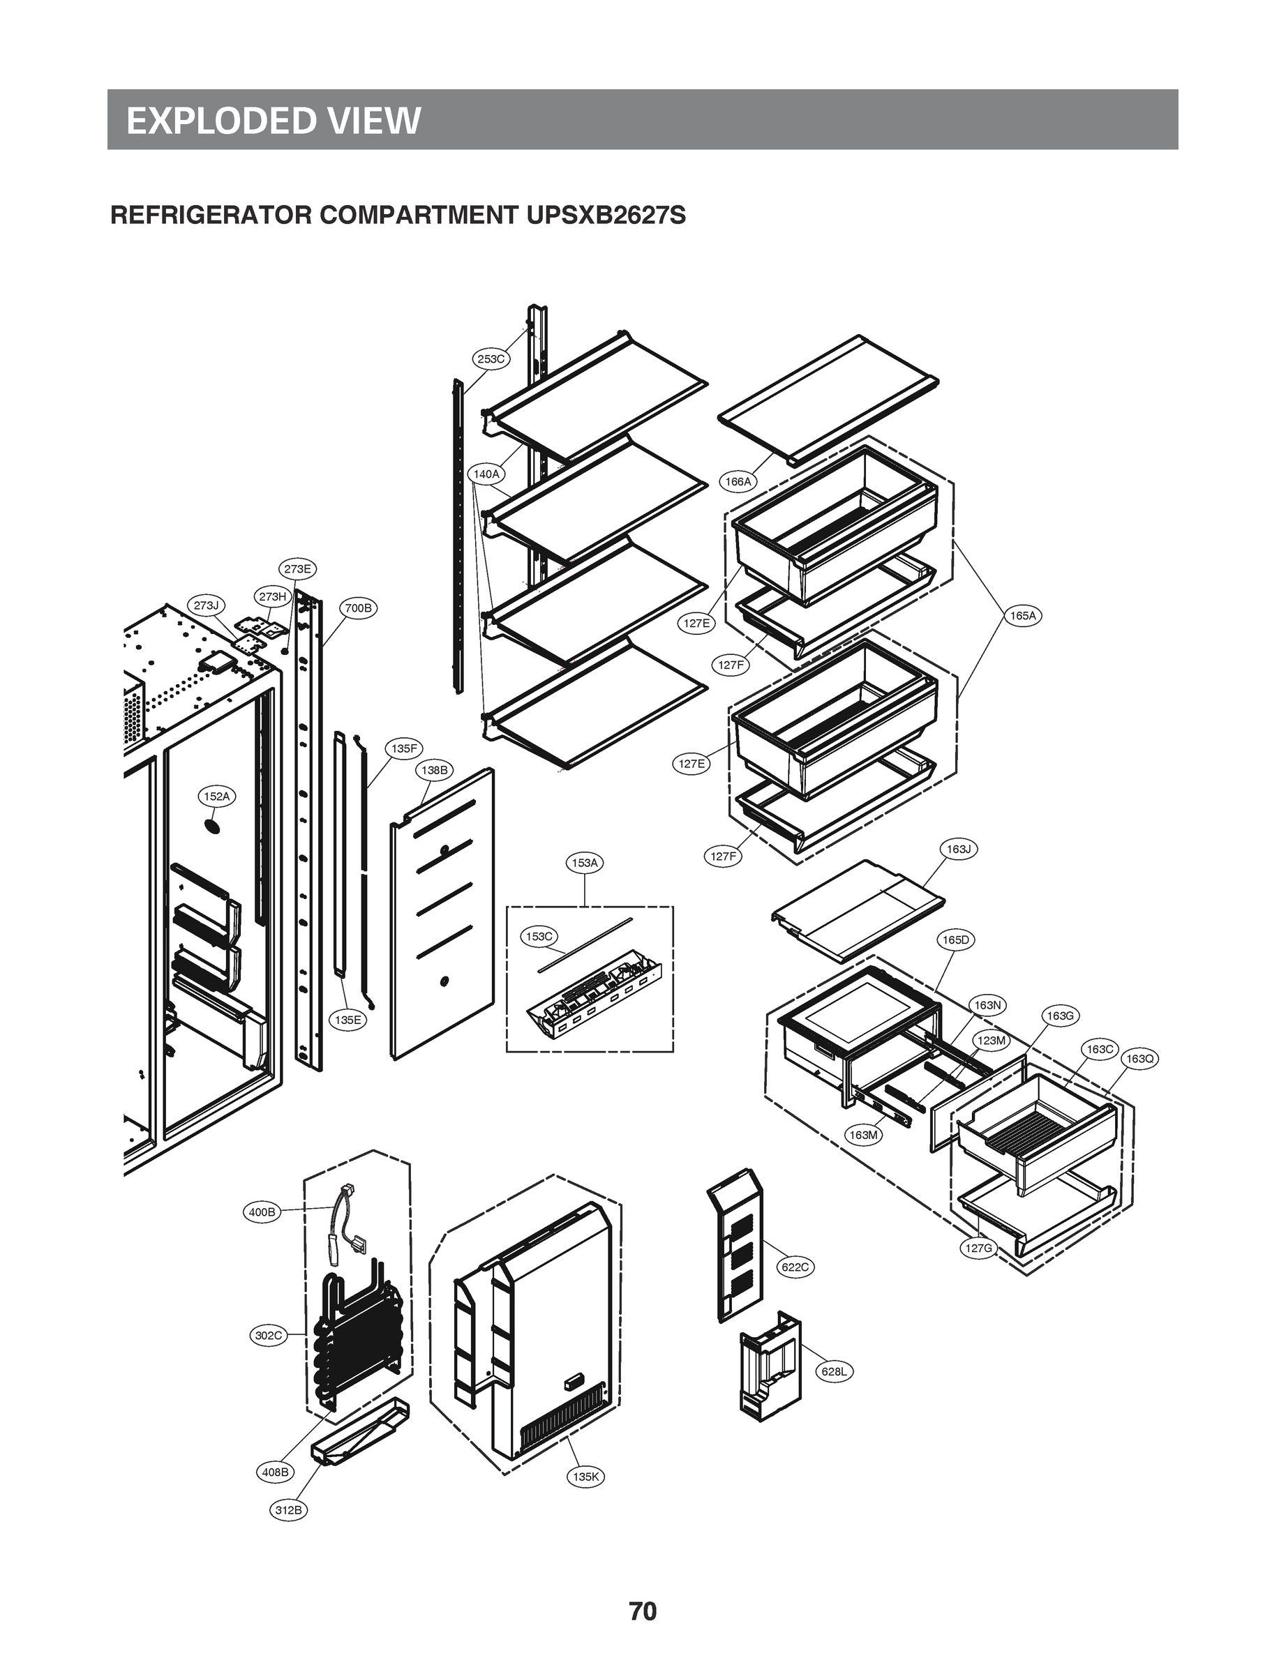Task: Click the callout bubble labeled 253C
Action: (490, 358)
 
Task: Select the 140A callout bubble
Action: (486, 474)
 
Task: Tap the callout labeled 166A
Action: (738, 481)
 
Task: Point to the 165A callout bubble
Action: (1023, 615)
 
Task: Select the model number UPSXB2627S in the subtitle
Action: (606, 216)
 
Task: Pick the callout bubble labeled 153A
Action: (585, 863)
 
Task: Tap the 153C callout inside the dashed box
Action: (539, 937)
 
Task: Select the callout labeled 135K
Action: (585, 1477)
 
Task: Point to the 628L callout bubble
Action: (834, 1371)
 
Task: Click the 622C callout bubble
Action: (795, 1267)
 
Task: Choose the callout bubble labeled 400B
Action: (262, 1212)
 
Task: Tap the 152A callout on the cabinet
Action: (216, 797)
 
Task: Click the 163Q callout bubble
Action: (1139, 1058)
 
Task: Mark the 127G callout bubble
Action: (978, 1249)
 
